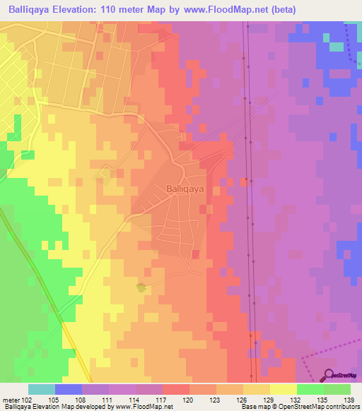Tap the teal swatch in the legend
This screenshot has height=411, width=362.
(42, 389)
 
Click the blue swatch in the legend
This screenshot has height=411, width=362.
(69, 389)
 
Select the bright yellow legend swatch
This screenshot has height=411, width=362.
(284, 389)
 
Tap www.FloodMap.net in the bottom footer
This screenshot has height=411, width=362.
(146, 407)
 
